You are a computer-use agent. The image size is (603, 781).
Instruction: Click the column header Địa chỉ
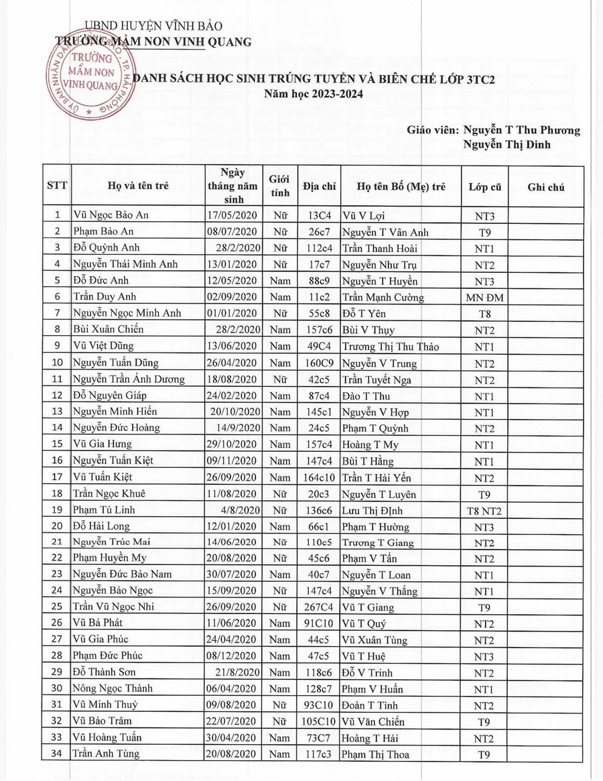pyautogui.click(x=319, y=187)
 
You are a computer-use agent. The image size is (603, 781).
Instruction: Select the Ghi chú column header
pyautogui.click(x=546, y=187)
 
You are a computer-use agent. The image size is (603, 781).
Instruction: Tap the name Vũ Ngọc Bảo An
pyautogui.click(x=111, y=215)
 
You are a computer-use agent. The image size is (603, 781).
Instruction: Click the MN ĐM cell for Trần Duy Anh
pyautogui.click(x=484, y=298)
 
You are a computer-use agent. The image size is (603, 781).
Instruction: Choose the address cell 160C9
pyautogui.click(x=319, y=363)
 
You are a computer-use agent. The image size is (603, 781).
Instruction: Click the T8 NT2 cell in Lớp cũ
pyautogui.click(x=484, y=511)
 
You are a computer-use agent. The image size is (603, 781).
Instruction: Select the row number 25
pyautogui.click(x=57, y=607)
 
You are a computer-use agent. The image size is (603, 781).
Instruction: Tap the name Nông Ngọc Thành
pyautogui.click(x=113, y=688)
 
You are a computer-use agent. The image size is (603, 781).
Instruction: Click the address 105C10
pyautogui.click(x=319, y=721)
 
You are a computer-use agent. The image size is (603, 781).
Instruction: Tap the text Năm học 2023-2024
pyautogui.click(x=314, y=95)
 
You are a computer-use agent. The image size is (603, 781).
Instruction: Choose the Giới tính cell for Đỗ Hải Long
pyautogui.click(x=279, y=527)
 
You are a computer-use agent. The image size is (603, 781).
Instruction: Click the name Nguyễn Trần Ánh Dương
pyautogui.click(x=129, y=379)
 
